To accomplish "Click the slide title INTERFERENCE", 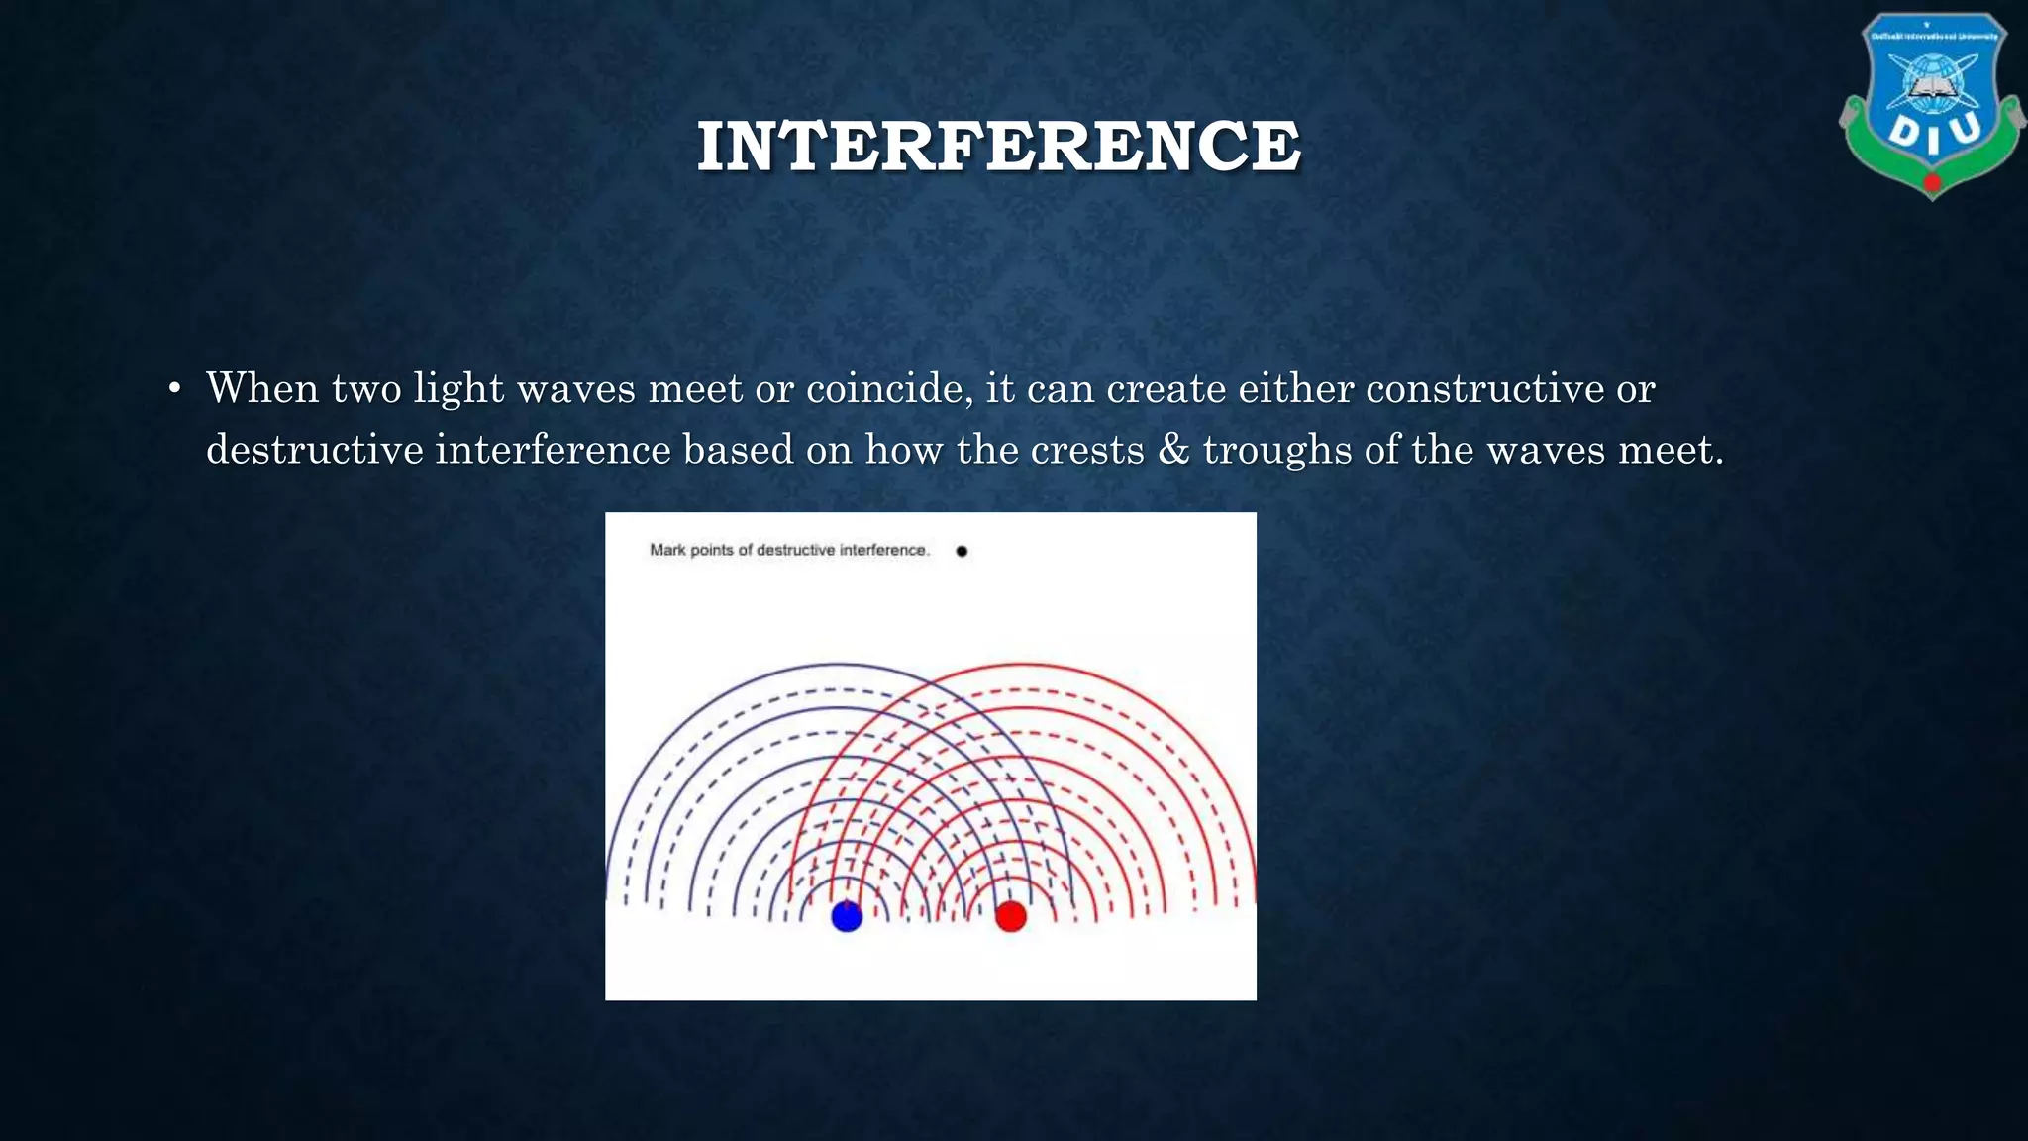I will pyautogui.click(x=998, y=147).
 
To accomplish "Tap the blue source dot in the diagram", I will pyautogui.click(x=847, y=916).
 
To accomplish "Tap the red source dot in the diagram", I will pyautogui.click(x=1011, y=916).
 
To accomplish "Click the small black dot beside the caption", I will pyautogui.click(x=962, y=551).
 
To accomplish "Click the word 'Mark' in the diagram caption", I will pyautogui.click(x=666, y=550).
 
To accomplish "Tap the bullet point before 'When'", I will pyautogui.click(x=174, y=389).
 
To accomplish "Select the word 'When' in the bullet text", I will pyautogui.click(x=262, y=388).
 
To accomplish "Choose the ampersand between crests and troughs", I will pyautogui.click(x=1173, y=450).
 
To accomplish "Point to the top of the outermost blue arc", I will pyautogui.click(x=840, y=664).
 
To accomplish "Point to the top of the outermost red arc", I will pyautogui.click(x=1025, y=664).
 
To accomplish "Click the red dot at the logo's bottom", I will pyautogui.click(x=1932, y=183).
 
